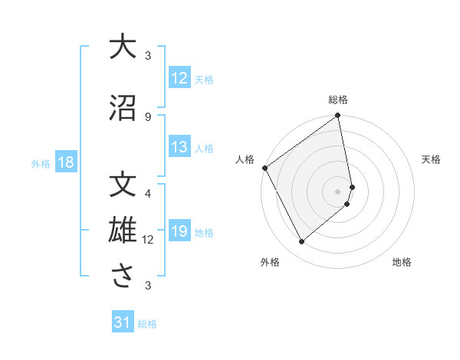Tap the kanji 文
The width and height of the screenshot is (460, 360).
click(x=123, y=185)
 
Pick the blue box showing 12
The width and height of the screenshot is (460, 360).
click(x=179, y=79)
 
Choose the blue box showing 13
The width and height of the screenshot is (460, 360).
click(x=179, y=148)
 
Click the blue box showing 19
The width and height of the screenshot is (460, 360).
click(x=179, y=232)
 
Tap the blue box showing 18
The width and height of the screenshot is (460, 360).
click(x=65, y=163)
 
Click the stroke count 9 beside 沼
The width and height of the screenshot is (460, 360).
click(x=148, y=116)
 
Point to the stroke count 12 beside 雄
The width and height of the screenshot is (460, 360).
click(x=148, y=240)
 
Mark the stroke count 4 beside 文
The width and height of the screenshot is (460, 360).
click(x=148, y=192)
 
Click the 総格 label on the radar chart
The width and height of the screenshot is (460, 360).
click(x=338, y=100)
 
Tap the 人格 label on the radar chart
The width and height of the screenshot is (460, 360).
click(x=245, y=159)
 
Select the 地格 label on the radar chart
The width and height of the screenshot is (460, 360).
click(x=402, y=263)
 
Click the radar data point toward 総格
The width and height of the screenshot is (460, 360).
click(x=338, y=116)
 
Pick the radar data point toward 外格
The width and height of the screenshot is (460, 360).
click(x=301, y=241)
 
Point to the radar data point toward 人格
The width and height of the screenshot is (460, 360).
click(x=264, y=168)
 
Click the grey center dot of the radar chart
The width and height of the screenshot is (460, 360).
click(x=338, y=191)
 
